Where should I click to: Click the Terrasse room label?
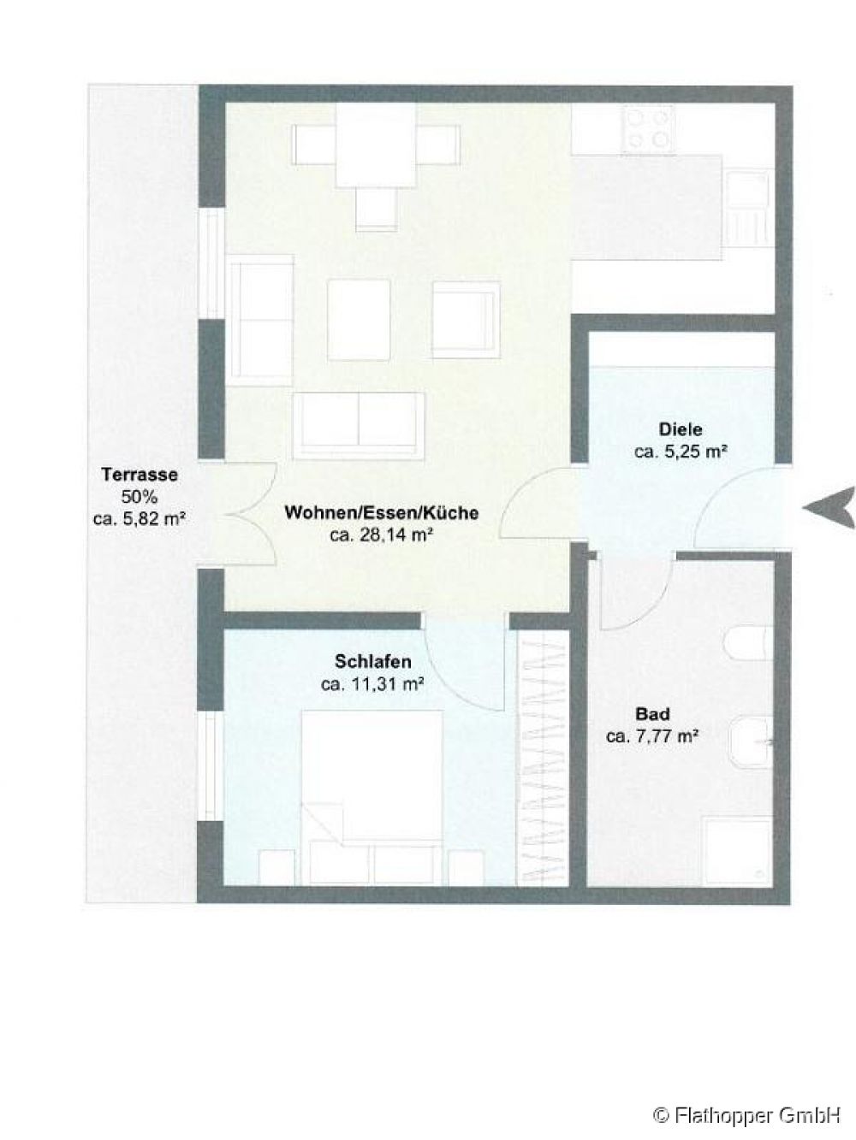coord(140,474)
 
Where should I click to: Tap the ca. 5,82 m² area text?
coord(140,518)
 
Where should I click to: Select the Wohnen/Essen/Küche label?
coord(382,512)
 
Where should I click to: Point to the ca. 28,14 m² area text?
coord(382,535)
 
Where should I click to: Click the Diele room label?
coord(681,429)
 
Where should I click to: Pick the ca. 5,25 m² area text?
coord(681,452)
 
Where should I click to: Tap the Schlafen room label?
coord(373,661)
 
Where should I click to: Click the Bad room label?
coord(653,714)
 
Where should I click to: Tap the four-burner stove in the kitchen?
coord(649,129)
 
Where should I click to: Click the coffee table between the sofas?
coord(359,320)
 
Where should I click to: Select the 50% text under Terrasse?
coord(139,497)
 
